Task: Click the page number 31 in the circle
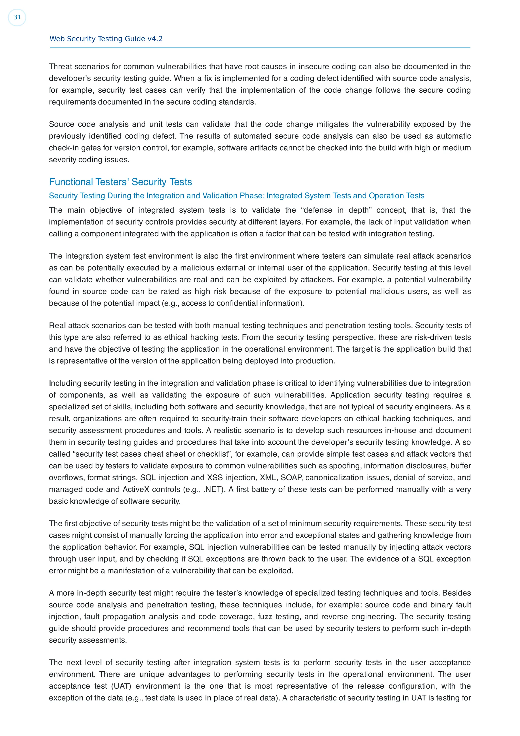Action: pos(17,17)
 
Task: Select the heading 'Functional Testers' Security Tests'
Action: pos(120,182)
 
